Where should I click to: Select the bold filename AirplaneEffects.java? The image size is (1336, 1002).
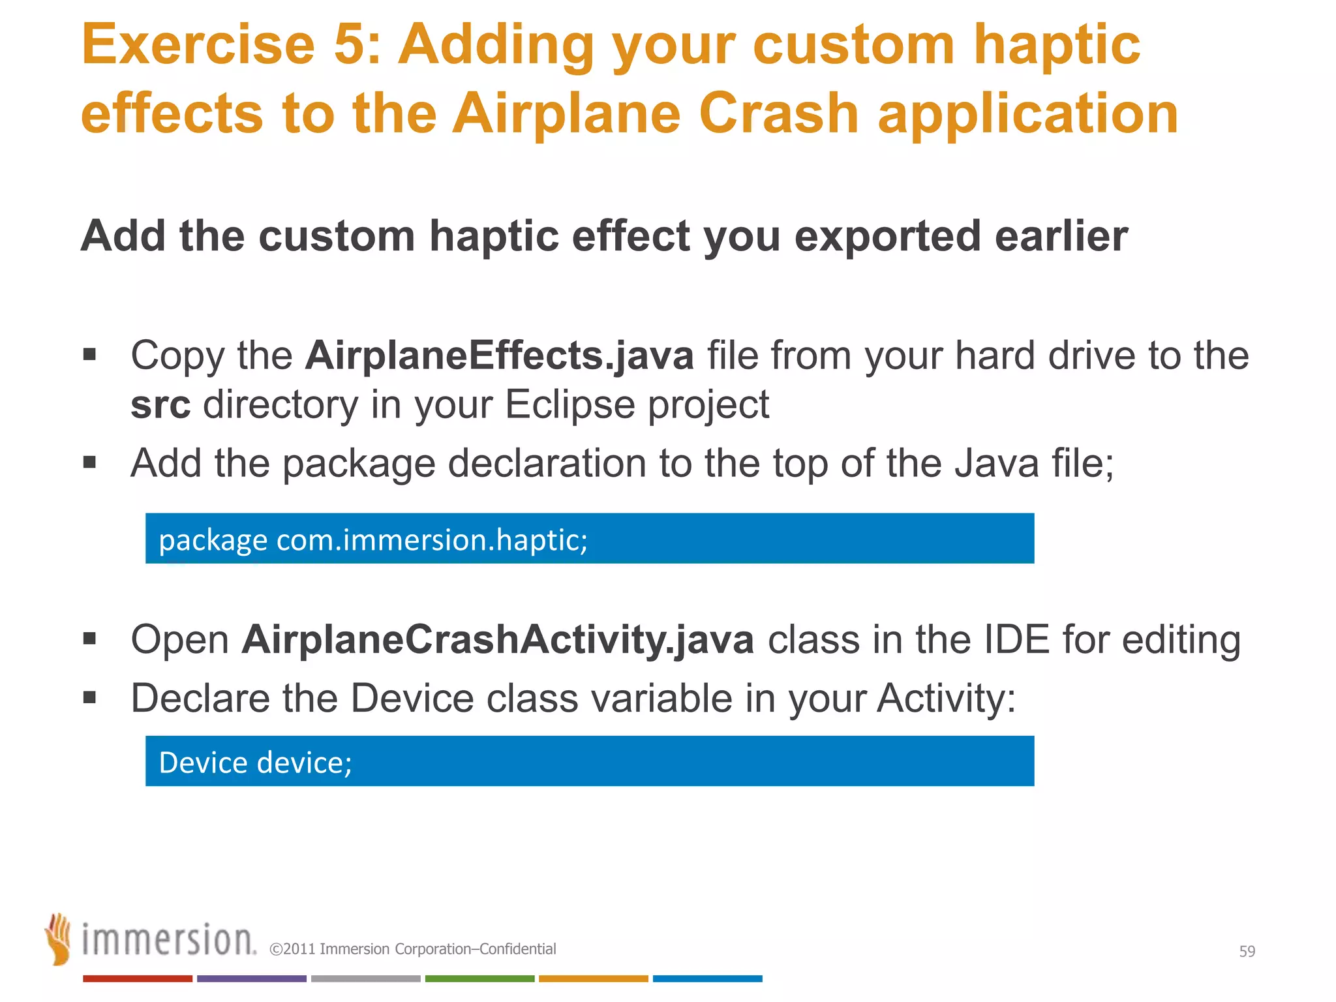500,356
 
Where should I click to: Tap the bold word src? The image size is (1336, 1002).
160,405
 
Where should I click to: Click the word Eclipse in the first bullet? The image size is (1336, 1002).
569,405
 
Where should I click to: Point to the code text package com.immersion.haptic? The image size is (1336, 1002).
373,540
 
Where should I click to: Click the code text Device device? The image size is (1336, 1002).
255,763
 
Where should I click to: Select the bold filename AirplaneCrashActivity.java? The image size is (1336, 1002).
498,640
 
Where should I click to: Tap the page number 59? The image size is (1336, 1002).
1247,952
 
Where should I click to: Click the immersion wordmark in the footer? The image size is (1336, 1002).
168,940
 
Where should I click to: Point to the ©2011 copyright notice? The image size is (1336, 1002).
413,949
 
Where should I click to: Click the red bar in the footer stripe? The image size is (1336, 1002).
138,979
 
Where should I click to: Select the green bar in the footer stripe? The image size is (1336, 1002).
479,979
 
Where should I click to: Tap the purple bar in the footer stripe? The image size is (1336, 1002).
252,979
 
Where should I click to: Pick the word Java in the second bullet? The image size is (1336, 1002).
996,464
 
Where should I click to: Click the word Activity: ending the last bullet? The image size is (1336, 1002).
945,699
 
